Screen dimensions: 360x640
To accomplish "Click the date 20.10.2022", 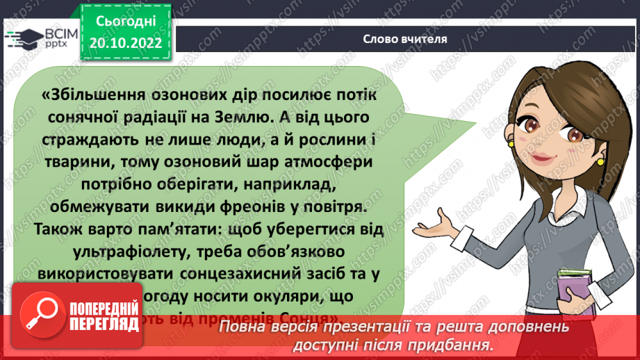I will pos(126,42).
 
